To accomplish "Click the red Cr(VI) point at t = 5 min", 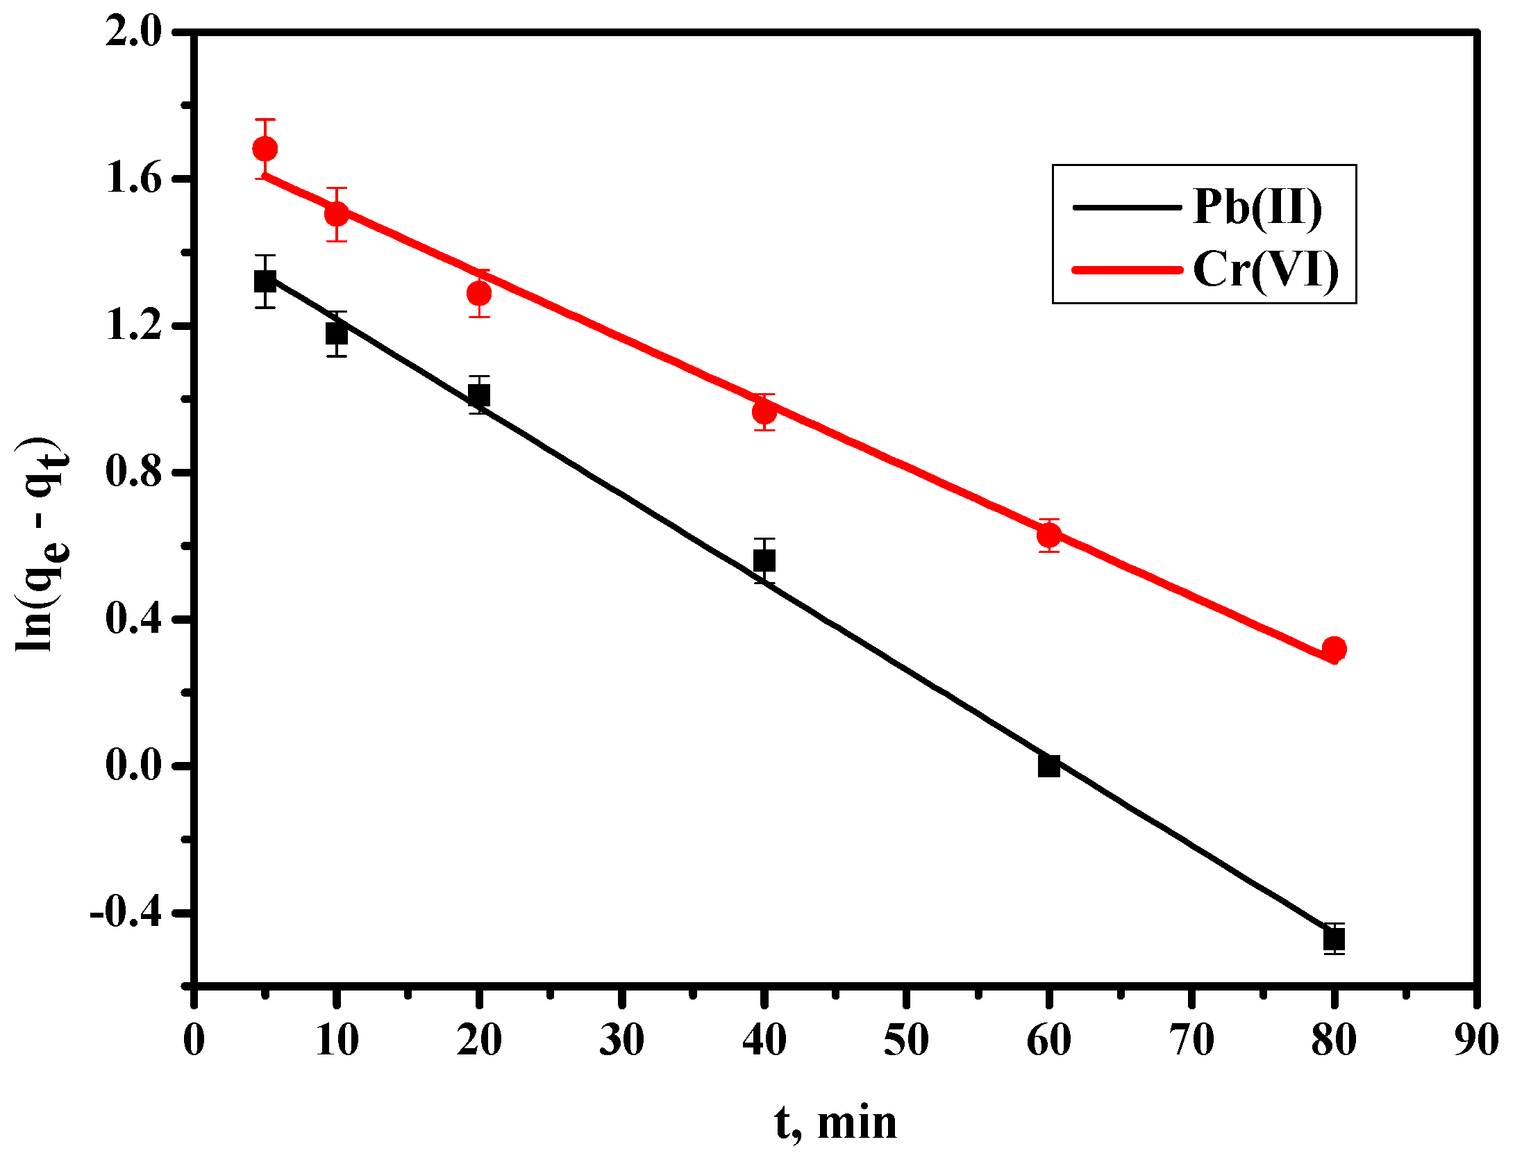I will (265, 149).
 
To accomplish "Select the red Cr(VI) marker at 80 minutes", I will (1334, 649).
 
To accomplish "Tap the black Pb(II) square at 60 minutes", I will (1048, 765).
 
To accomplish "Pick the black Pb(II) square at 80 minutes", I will (1334, 939).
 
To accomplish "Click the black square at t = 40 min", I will (764, 561).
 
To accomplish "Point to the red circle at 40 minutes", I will (764, 413).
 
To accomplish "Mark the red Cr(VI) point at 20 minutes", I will (478, 294).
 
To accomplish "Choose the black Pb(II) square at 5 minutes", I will (265, 281).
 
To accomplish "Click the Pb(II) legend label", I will (1257, 207).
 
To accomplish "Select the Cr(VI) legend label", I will (1266, 270).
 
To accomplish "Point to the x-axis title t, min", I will (835, 1122).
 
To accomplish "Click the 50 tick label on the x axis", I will (906, 1041).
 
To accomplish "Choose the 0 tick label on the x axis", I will (194, 1041).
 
